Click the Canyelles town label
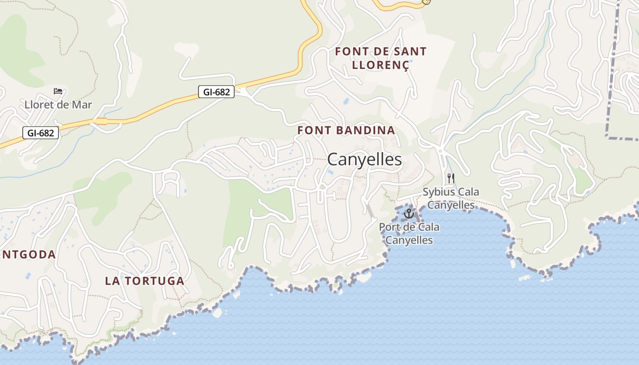[364, 160]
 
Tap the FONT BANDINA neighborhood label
[346, 130]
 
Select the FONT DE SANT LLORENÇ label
[381, 58]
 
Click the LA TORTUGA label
[145, 281]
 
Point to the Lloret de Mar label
[58, 105]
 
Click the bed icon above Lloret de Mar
[58, 91]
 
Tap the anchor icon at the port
[409, 213]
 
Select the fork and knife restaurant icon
[451, 178]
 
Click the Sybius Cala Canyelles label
[451, 198]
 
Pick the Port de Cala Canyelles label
[409, 233]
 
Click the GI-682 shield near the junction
[216, 92]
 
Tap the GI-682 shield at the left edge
[41, 133]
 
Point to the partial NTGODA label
[28, 255]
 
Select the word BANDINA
[367, 130]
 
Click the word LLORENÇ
[381, 65]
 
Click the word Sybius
[438, 192]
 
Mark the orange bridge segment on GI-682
[101, 121]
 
